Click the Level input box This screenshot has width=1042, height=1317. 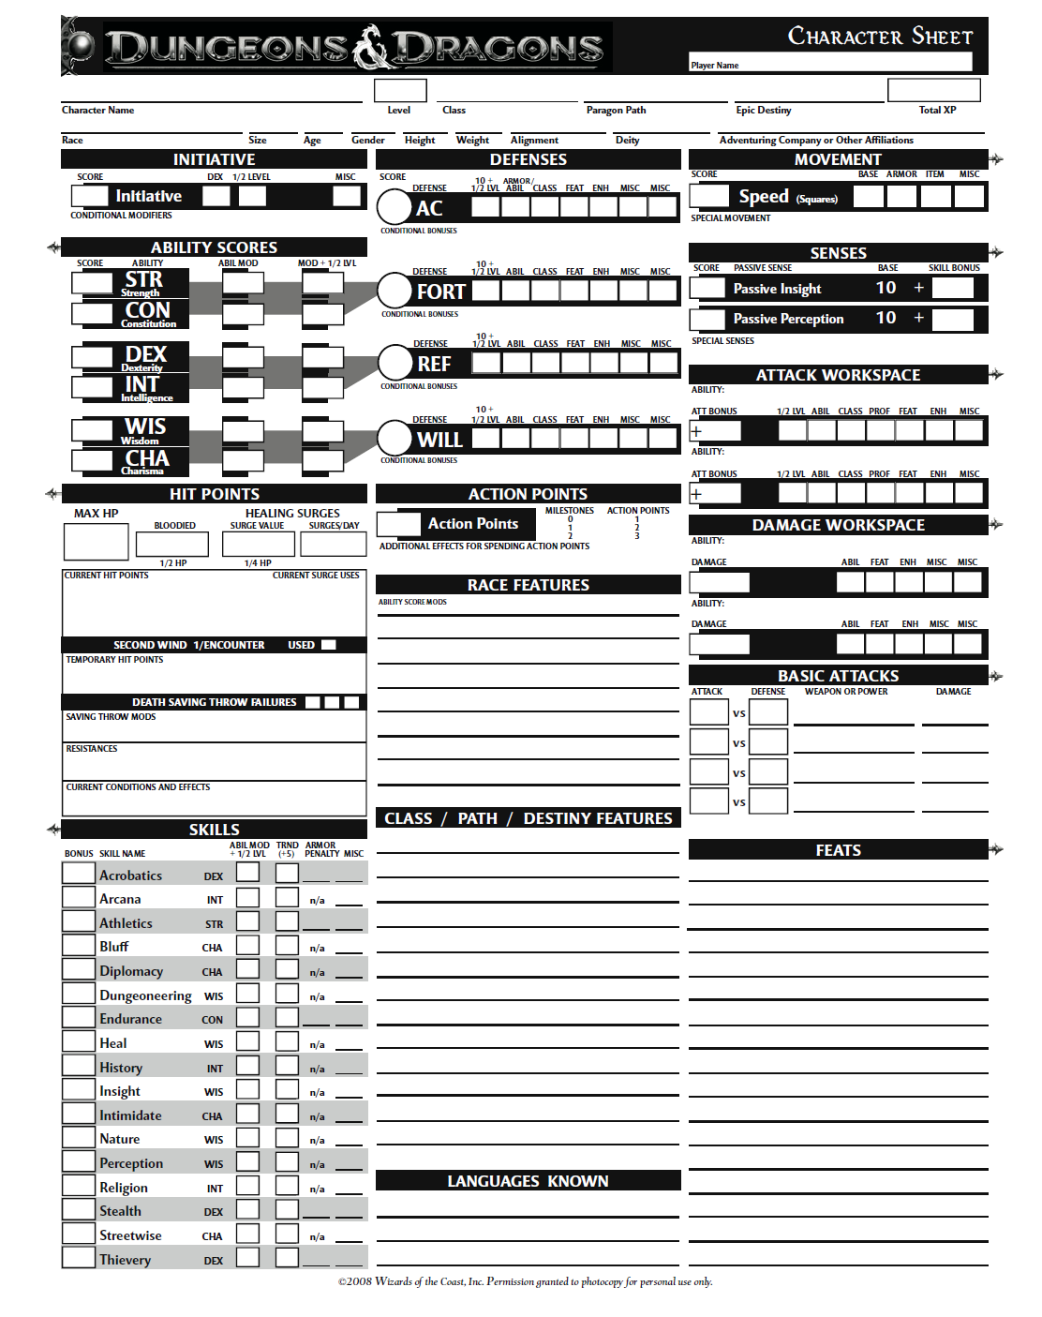(x=400, y=90)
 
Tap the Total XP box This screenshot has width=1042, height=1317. (x=933, y=90)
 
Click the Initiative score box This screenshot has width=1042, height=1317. (x=90, y=196)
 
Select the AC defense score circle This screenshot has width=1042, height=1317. (x=394, y=207)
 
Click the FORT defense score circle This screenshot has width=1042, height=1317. (x=394, y=291)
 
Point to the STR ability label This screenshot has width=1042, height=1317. (x=143, y=280)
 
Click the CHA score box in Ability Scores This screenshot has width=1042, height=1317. (x=92, y=459)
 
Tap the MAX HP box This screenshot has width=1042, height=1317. (x=96, y=542)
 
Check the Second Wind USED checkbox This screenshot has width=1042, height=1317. (x=328, y=645)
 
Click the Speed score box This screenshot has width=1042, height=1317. (x=709, y=196)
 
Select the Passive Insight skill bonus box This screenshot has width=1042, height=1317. (x=953, y=288)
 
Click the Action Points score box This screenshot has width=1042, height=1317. (x=398, y=523)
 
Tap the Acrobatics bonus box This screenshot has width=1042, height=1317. (x=79, y=873)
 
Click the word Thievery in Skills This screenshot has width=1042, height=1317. (x=125, y=1260)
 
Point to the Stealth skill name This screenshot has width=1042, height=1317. (x=120, y=1211)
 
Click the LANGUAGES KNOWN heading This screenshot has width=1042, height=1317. (x=528, y=1181)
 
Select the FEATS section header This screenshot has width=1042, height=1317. (x=838, y=850)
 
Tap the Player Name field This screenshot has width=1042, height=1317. (x=830, y=62)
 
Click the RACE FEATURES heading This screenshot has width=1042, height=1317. (x=528, y=585)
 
